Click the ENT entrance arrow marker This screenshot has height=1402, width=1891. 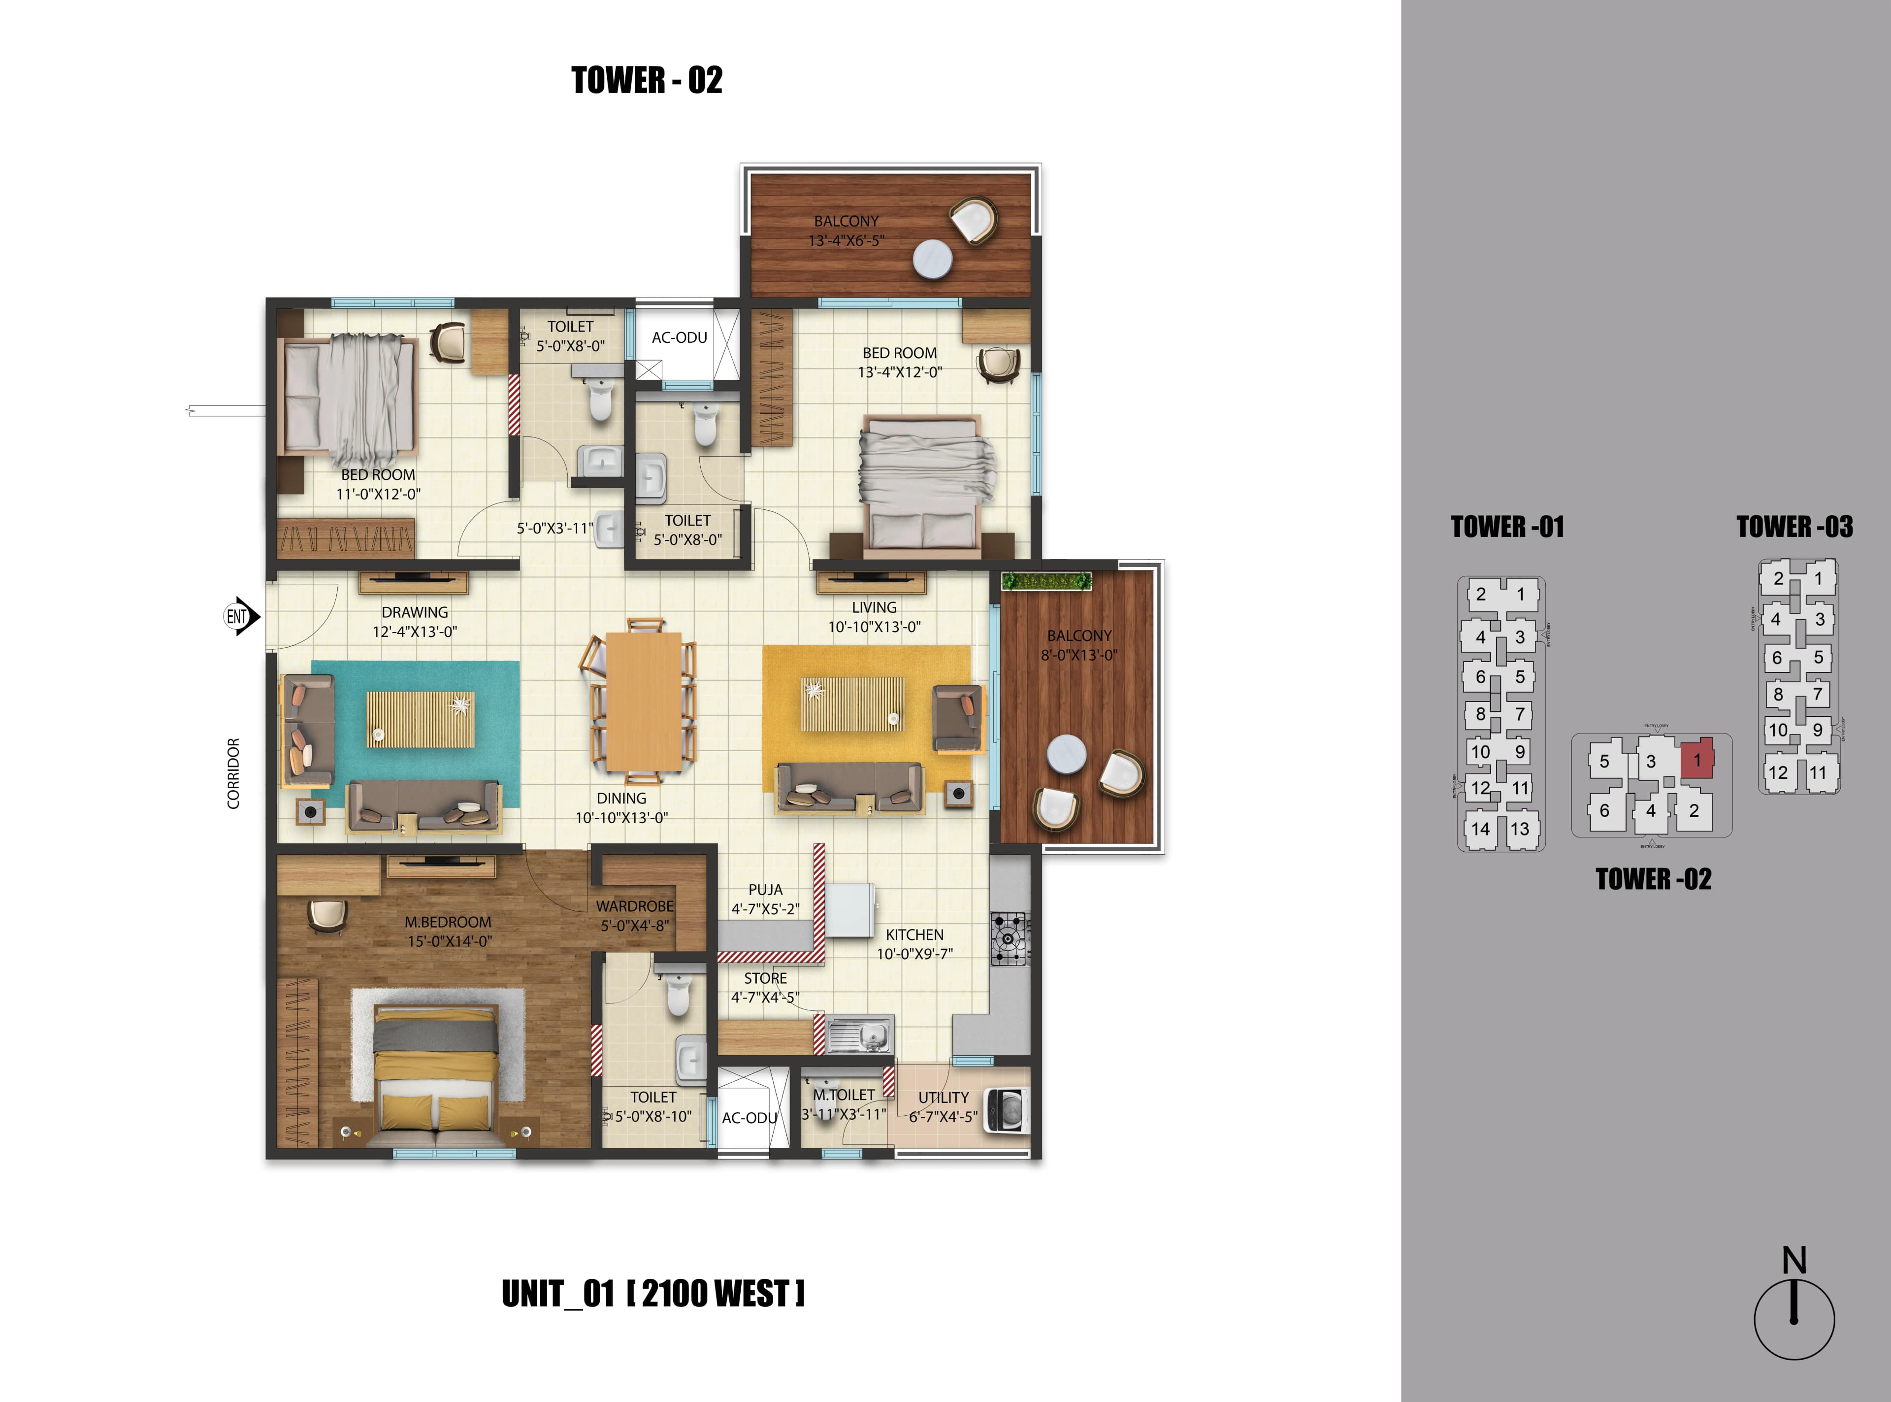(241, 616)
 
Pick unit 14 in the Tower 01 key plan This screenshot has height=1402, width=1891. (1480, 829)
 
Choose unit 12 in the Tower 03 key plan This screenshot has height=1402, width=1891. (1778, 773)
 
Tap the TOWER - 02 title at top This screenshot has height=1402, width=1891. (647, 81)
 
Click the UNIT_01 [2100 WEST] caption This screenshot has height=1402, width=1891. (652, 1294)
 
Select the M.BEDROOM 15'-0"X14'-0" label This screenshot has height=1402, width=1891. (448, 931)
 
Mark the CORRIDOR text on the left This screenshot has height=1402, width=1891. (233, 773)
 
